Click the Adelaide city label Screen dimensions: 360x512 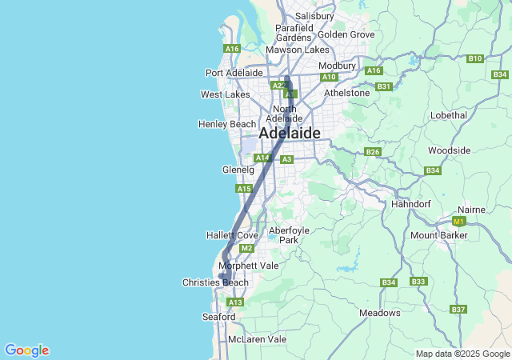click(290, 133)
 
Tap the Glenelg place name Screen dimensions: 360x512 click(238, 170)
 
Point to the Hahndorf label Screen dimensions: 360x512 click(412, 204)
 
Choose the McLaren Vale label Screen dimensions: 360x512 click(257, 339)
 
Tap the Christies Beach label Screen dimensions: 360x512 click(215, 282)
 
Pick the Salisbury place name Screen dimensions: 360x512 click(314, 16)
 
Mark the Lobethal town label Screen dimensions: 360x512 click(448, 115)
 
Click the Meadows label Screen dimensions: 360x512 click(380, 313)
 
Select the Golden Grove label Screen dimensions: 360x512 click(346, 34)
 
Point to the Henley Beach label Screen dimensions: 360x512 click(227, 124)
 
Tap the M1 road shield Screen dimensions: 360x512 click(458, 221)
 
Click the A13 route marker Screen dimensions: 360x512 click(234, 302)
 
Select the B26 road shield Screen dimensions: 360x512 click(372, 152)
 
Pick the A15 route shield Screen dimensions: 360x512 click(244, 189)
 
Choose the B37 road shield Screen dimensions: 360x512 click(458, 309)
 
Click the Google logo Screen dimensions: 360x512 click(26, 350)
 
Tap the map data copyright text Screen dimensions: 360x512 click(462, 354)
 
